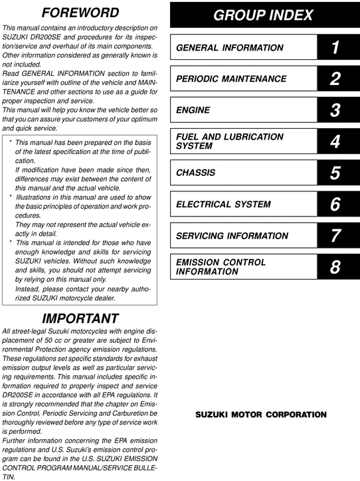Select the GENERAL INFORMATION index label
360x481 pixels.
[x=229, y=48]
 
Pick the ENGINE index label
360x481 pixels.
[x=193, y=110]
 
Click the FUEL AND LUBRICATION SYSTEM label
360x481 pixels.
[x=229, y=142]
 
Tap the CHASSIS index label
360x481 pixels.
[x=196, y=173]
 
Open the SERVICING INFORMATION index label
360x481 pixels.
[x=232, y=235]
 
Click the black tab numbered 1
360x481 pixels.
[x=335, y=48]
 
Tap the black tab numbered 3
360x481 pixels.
[x=335, y=110]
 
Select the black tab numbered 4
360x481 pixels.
[x=335, y=142]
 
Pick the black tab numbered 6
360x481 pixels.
[x=335, y=204]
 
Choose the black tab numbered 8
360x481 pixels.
[x=335, y=266]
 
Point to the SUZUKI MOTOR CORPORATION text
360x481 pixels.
[x=260, y=415]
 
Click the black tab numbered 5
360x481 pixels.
[x=335, y=173]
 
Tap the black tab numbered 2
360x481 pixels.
[x=335, y=79]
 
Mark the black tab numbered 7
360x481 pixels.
[x=335, y=235]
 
